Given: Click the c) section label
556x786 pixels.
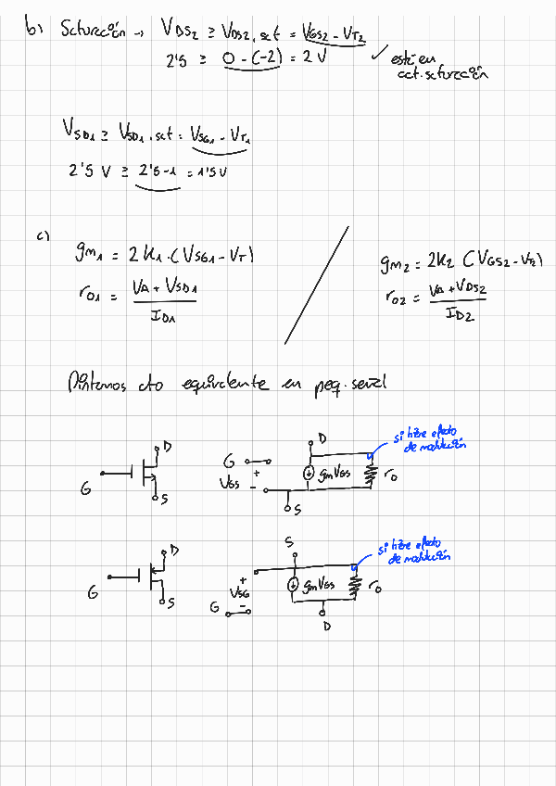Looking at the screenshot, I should (x=43, y=235).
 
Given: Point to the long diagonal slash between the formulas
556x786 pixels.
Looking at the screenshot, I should (x=316, y=285).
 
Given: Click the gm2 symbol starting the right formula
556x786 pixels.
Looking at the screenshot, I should (x=397, y=267).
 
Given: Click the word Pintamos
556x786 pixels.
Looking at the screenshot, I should (x=96, y=382).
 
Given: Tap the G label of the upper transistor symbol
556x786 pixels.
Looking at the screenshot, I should (x=85, y=487).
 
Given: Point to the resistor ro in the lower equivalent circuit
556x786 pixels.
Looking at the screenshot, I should (x=355, y=586).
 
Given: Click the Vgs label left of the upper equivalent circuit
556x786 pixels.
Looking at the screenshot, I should (x=230, y=483).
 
